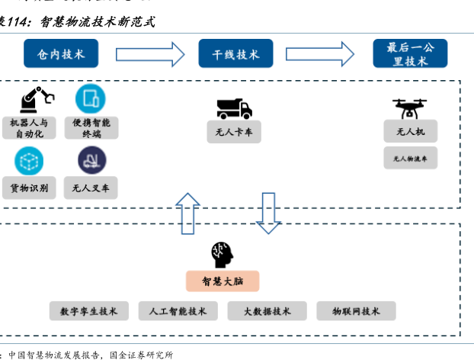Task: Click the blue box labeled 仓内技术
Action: [61, 54]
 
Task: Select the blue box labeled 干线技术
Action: [235, 54]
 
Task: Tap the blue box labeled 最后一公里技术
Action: [410, 54]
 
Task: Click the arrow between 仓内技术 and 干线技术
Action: [150, 54]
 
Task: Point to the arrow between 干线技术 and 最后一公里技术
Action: [320, 54]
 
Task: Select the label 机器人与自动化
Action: [29, 128]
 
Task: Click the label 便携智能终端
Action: [91, 128]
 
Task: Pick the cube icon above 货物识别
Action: [29, 161]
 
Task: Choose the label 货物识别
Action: [30, 187]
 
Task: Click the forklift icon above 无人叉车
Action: [91, 161]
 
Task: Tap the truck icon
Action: [234, 109]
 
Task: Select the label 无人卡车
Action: [234, 133]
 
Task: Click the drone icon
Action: [409, 108]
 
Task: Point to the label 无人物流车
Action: [410, 159]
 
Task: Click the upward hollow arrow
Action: [187, 213]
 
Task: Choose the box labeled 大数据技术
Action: [267, 311]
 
